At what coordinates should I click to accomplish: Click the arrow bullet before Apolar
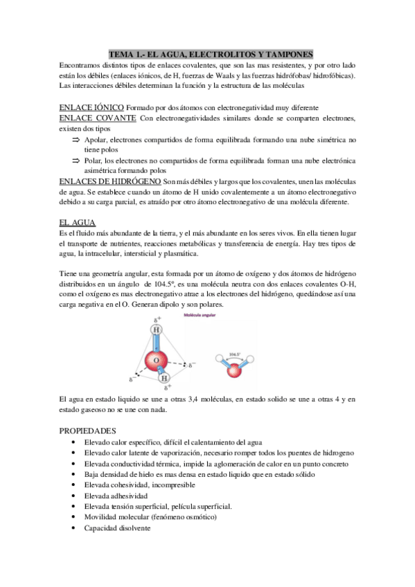pos(76,139)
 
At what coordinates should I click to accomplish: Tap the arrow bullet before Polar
pos(76,160)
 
